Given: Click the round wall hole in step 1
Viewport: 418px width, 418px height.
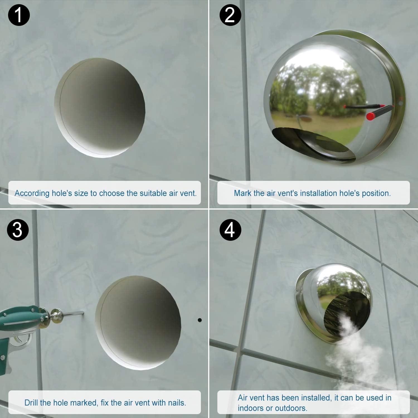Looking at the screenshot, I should pyautogui.click(x=100, y=108).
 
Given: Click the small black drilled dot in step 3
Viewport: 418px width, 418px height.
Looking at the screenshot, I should pyautogui.click(x=200, y=320).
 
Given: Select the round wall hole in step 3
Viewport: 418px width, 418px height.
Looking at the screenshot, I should pyautogui.click(x=138, y=323).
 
